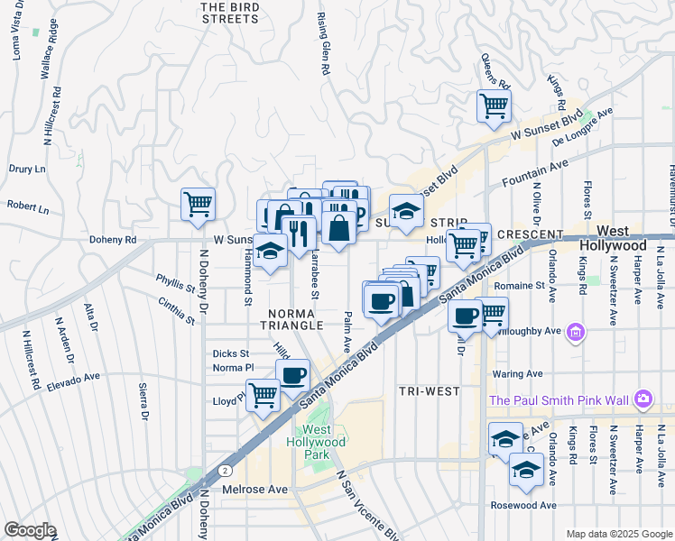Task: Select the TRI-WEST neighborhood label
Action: pos(429,391)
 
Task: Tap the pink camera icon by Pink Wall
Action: pos(643,398)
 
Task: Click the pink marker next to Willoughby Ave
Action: pos(575,335)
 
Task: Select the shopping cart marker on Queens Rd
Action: pos(494,105)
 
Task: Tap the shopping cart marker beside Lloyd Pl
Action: pos(263,394)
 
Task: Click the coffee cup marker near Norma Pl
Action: pos(292,374)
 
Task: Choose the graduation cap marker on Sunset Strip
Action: pos(406,212)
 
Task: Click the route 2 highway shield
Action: pos(223,471)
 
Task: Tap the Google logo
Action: pos(29,530)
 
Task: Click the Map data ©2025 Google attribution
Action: pos(618,534)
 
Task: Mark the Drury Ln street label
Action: pos(27,169)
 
